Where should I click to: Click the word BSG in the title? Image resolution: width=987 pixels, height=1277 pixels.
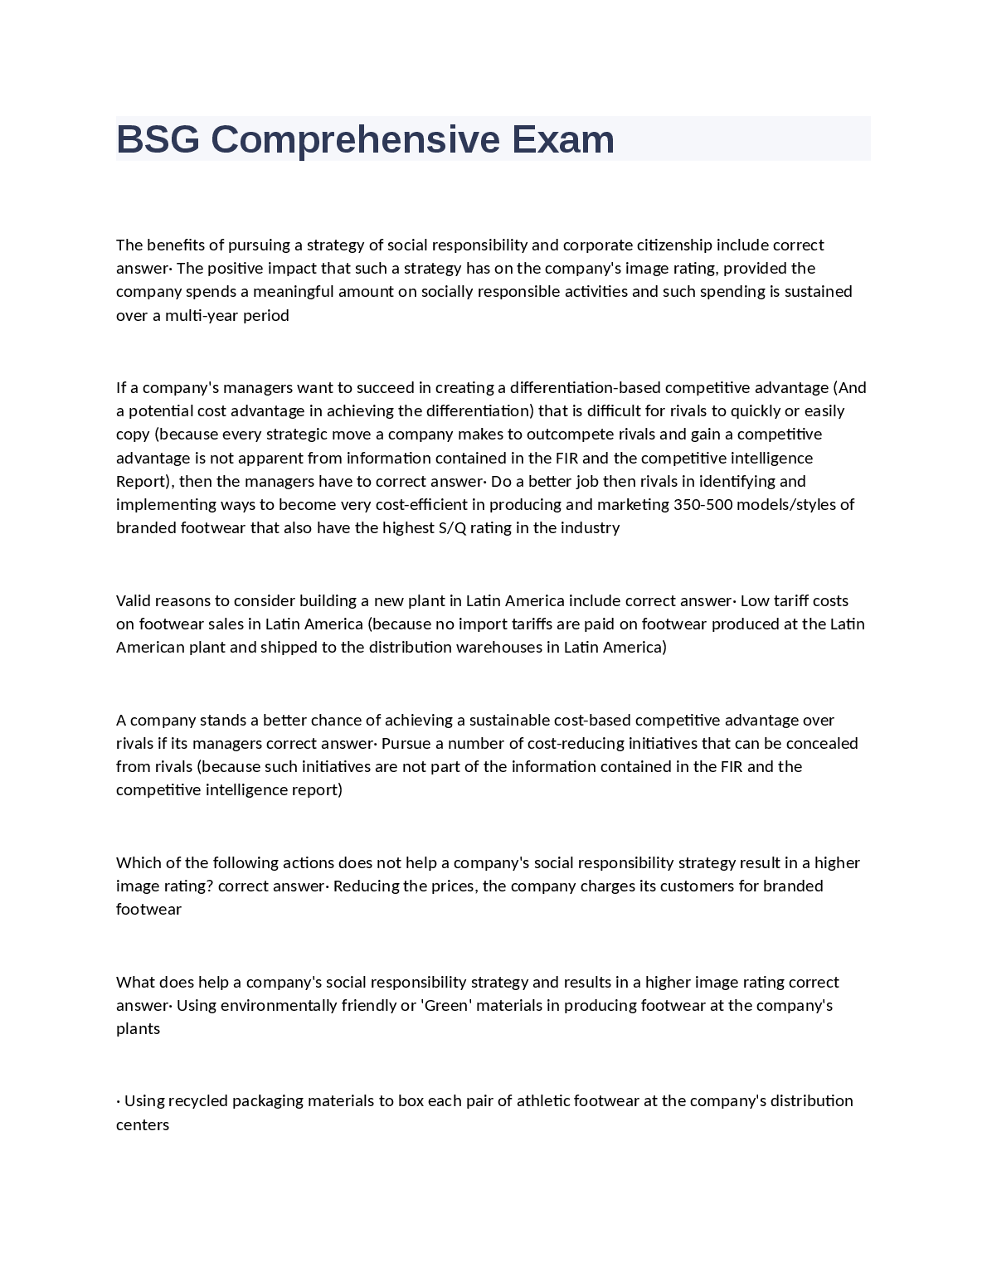(x=158, y=139)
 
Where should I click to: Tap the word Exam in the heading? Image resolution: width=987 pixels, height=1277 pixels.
(x=562, y=139)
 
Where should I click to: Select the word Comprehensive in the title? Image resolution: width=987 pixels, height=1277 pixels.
(x=355, y=139)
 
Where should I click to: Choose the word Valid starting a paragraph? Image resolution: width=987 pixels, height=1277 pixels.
(x=133, y=601)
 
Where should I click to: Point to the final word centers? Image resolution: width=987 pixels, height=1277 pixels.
(x=143, y=1125)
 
